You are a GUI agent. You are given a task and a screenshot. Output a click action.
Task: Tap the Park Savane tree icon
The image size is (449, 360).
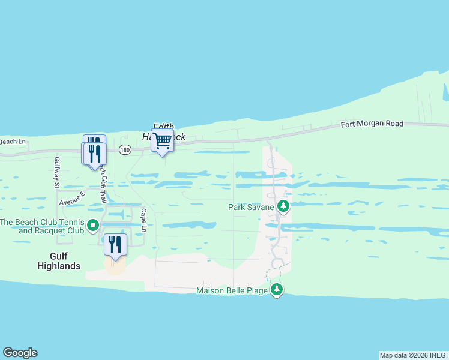[283, 207]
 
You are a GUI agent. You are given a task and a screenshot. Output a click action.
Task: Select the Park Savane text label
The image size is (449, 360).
[250, 207]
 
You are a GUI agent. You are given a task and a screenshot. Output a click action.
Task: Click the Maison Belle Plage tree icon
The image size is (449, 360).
[276, 290]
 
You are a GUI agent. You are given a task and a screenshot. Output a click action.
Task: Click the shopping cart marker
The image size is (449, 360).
[162, 140]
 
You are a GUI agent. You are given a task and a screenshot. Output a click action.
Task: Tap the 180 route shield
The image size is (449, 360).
[124, 149]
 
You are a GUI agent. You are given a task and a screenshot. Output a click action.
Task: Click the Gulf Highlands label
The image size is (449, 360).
[57, 261]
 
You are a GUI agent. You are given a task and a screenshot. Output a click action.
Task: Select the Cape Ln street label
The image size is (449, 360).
[143, 220]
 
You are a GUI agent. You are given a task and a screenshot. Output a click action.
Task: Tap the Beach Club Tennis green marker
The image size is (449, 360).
[93, 226]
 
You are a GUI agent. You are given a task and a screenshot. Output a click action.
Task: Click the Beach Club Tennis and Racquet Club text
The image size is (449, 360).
[41, 226]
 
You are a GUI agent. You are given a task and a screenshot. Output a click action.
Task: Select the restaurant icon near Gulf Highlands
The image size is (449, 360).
[115, 245]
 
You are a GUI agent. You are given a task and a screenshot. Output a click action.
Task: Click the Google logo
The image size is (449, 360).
[20, 353]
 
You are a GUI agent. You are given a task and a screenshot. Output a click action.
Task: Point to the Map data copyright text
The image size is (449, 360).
[414, 355]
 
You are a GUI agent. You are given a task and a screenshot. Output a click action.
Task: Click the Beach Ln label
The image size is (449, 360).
[13, 142]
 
